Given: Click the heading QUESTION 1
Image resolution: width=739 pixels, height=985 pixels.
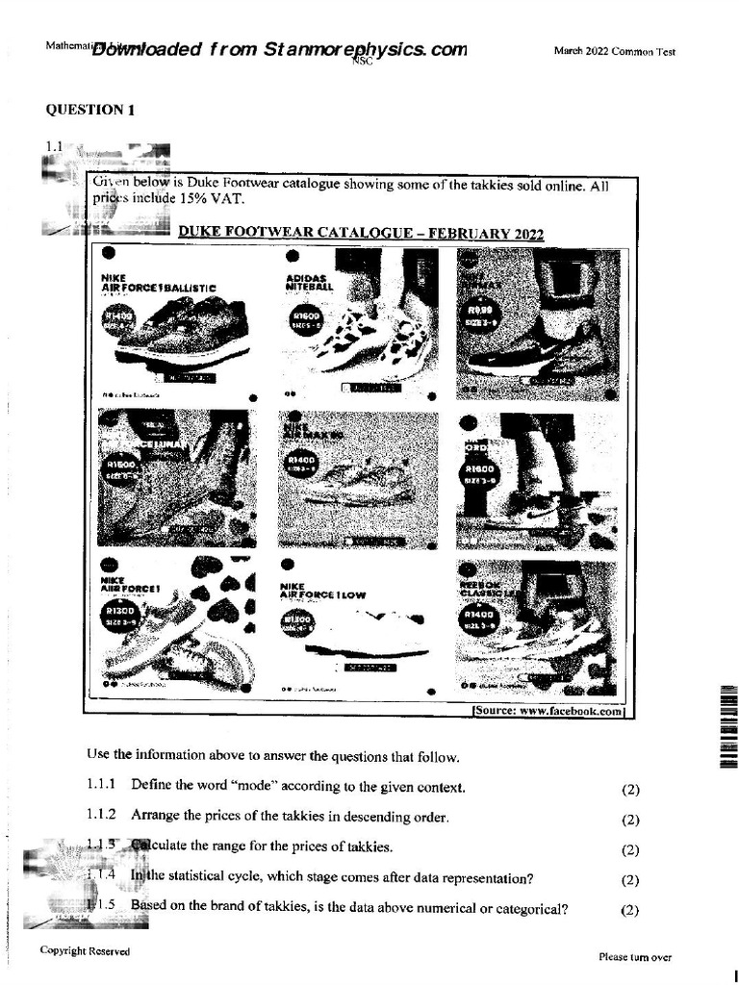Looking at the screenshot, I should point(90,110).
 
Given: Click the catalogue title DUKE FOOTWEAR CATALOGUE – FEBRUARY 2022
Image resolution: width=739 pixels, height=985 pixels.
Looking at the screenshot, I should point(361,234).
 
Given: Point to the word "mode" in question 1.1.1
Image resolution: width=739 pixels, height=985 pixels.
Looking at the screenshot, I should point(254,786).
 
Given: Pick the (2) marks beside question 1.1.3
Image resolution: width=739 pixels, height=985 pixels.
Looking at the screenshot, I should point(630,849).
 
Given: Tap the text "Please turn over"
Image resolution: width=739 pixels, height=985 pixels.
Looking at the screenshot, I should point(634,957).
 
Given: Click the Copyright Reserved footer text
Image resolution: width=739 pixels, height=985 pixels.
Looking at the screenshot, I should point(85,951).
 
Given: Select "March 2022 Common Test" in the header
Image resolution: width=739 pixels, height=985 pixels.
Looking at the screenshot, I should point(614,52).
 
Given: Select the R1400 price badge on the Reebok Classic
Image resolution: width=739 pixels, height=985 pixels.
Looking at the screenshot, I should point(478,616).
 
